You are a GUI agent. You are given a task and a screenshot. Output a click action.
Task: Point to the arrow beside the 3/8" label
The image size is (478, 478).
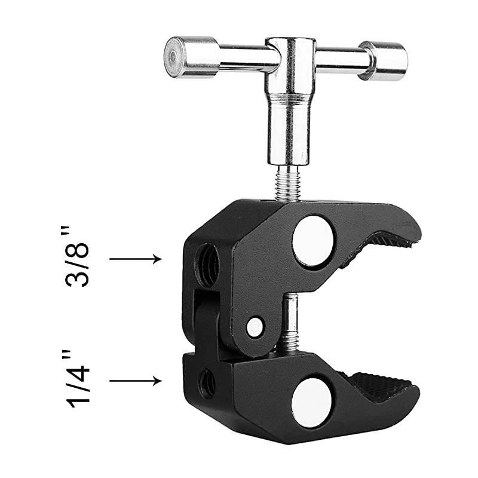136,259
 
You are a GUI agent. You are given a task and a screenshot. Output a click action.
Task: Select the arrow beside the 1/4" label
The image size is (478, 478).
136,380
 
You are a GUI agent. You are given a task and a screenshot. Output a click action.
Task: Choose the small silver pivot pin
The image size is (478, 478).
255,326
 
